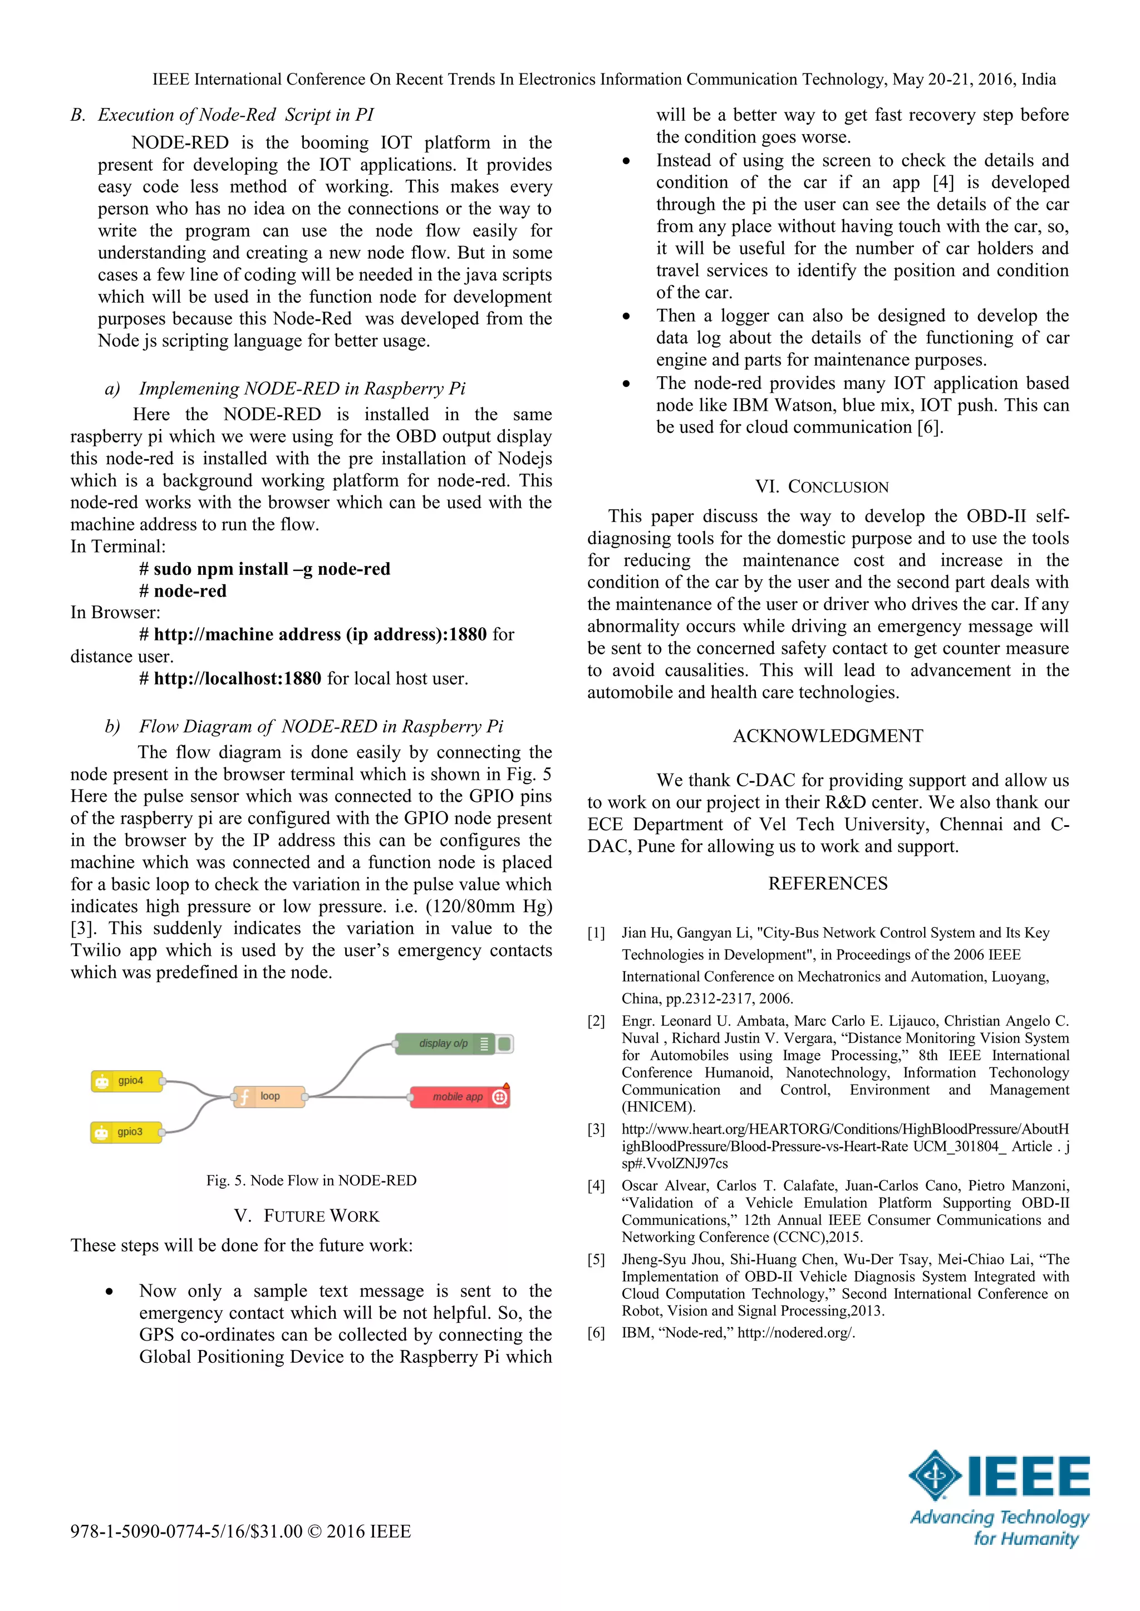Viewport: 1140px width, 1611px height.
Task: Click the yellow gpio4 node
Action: [x=127, y=1081]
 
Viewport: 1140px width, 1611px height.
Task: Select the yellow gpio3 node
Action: [x=126, y=1132]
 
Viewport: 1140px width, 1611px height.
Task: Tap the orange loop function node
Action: [x=269, y=1096]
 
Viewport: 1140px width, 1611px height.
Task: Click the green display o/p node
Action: [x=446, y=1043]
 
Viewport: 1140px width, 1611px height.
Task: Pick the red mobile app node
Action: [x=458, y=1096]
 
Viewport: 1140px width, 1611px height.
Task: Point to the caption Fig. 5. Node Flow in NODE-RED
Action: [x=311, y=1180]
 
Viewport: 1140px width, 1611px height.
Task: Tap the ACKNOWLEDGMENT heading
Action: [x=828, y=736]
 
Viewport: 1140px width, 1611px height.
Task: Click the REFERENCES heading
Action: [x=828, y=883]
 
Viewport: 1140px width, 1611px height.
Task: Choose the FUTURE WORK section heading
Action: [x=307, y=1216]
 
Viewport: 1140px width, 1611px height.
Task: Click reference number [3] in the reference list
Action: [x=596, y=1129]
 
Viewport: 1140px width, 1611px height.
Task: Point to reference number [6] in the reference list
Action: [x=596, y=1332]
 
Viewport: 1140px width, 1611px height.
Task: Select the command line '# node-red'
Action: [x=183, y=591]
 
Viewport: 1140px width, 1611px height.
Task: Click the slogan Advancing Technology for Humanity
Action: [x=999, y=1528]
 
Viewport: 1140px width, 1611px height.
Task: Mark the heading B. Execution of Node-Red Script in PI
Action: [x=223, y=115]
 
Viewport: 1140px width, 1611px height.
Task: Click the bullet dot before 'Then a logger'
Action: [x=626, y=317]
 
